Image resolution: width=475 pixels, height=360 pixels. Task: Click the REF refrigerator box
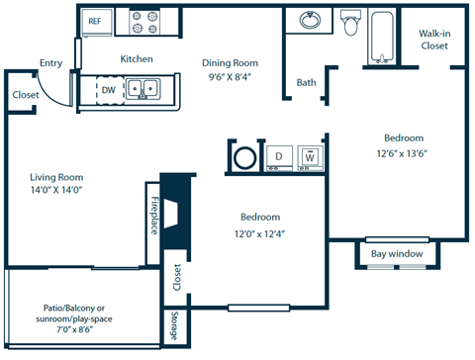pos(95,20)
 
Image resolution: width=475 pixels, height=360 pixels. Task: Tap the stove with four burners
pos(153,20)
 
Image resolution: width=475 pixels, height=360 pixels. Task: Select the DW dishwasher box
pos(109,90)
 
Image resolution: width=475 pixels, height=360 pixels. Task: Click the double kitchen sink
pos(143,90)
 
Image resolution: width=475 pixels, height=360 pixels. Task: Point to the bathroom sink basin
pos(309,21)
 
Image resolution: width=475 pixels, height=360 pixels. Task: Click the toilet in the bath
pos(349,24)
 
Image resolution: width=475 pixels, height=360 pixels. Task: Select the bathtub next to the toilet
pos(383,36)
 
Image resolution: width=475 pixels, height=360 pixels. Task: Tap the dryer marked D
pos(279,156)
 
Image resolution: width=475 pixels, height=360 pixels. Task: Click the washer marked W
pos(309,156)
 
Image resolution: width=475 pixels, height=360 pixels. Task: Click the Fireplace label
pos(154,215)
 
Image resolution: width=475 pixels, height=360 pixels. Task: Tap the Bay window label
pos(397,254)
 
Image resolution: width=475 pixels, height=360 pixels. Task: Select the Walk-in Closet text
pos(433,39)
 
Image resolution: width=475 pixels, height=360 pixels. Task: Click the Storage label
pos(174,325)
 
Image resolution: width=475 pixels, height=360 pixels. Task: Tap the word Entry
pos(50,62)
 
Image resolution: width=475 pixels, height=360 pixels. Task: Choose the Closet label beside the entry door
pos(26,95)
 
